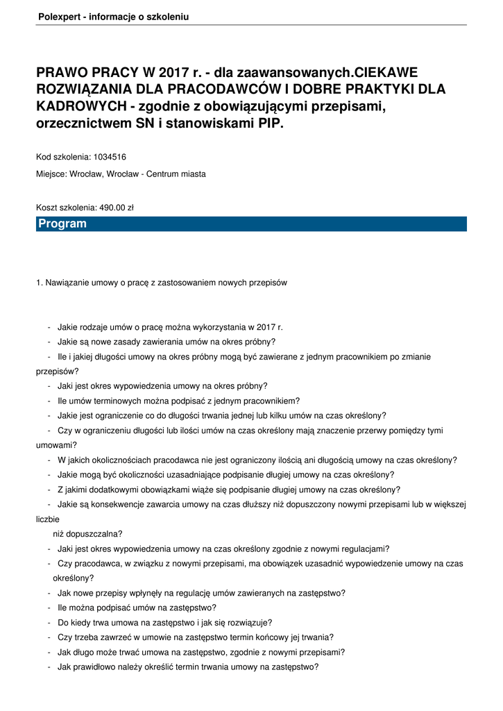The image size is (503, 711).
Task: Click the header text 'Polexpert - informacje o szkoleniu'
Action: (x=113, y=16)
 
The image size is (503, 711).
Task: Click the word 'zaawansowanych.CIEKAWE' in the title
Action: (x=327, y=72)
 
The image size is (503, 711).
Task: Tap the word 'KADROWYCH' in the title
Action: (x=83, y=106)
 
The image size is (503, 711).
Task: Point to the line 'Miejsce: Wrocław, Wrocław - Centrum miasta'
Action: (x=121, y=174)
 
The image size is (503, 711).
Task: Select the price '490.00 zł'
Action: (x=115, y=208)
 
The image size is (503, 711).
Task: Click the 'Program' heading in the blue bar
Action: (x=62, y=224)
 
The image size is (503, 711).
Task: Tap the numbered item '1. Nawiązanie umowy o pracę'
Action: (x=161, y=283)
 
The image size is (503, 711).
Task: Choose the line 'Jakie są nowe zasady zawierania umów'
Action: (x=167, y=342)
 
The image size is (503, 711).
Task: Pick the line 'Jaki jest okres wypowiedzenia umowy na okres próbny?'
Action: (x=162, y=386)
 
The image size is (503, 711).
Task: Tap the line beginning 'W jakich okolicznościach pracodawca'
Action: (x=257, y=460)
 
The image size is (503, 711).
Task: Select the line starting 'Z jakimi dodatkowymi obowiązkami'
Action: (x=229, y=490)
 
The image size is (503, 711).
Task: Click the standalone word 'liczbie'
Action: (x=48, y=519)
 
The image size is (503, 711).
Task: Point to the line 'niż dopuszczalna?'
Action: (x=87, y=534)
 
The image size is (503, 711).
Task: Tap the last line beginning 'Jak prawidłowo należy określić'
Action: (x=188, y=667)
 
